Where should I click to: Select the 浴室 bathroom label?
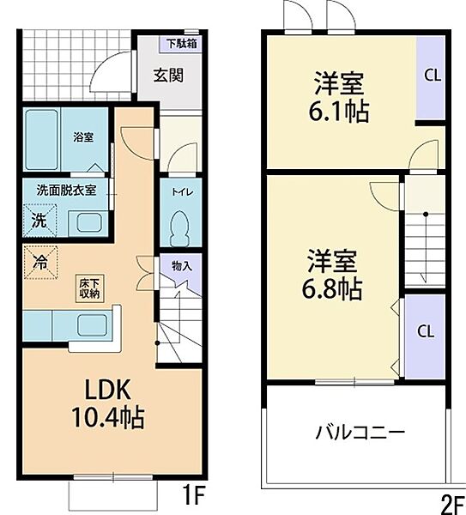coord(83,136)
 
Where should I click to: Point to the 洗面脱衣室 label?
coord(65,190)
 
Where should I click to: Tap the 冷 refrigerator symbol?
coord(40,257)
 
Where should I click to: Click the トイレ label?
coord(180,193)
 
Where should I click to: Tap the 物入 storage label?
coord(181,266)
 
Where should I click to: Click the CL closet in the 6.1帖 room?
coord(432,76)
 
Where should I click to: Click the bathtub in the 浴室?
coord(40,139)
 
